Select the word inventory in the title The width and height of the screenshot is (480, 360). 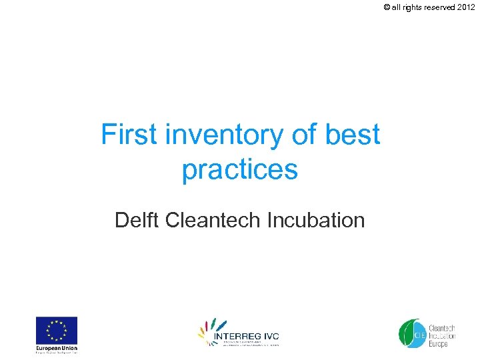(x=225, y=135)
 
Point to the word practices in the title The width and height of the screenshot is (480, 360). (x=239, y=169)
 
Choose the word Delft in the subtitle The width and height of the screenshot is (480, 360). (x=137, y=219)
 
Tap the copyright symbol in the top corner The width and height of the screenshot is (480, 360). (x=386, y=7)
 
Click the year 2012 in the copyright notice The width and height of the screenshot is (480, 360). (x=466, y=7)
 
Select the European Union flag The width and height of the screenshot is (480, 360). (x=57, y=330)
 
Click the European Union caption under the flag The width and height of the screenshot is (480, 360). (x=57, y=348)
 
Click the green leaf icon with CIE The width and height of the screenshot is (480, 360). (x=411, y=333)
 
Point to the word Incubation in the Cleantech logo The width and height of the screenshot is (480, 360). (x=441, y=336)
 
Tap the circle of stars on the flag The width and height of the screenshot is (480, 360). (x=57, y=330)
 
